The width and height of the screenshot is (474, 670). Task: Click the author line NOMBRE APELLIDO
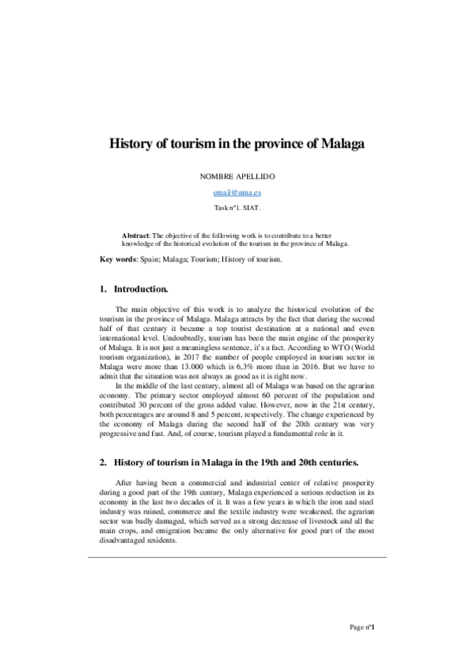coord(236,178)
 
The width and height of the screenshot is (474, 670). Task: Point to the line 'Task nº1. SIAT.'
coord(237,208)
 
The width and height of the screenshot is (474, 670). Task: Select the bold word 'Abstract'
coord(135,236)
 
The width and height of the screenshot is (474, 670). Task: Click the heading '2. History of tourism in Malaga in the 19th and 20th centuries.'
coord(237,461)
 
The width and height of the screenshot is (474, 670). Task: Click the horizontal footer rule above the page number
coord(237,558)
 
